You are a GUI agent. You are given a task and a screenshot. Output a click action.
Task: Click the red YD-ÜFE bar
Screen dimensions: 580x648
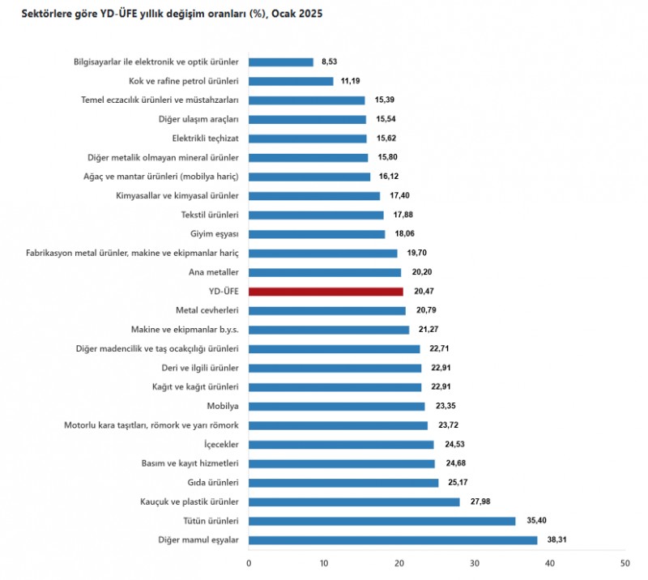pos(326,292)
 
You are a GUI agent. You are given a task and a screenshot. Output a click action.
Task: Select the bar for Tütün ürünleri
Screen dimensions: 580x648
pos(382,521)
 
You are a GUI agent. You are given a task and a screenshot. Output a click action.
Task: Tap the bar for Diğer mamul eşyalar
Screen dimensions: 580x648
pos(393,540)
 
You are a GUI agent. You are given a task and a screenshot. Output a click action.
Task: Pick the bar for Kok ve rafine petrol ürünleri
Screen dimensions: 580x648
pos(291,81)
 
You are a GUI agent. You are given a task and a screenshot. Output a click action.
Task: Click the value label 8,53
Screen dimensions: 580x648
pos(330,62)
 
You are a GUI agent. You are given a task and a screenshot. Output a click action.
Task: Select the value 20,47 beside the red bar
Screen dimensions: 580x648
pos(420,292)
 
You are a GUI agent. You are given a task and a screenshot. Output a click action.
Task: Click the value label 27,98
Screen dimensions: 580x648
pos(476,502)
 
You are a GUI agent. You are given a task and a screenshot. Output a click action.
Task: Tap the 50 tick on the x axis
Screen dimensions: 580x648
pos(624,562)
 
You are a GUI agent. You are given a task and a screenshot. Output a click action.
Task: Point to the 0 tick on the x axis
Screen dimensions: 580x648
pos(249,562)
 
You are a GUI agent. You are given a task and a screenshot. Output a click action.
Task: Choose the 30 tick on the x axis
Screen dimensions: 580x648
pos(474,562)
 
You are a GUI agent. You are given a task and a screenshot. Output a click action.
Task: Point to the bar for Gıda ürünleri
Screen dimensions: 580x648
pos(343,483)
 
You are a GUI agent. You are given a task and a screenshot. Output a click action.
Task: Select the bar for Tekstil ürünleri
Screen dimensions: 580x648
pos(316,215)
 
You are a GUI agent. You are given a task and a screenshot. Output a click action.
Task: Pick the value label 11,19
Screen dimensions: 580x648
pos(350,81)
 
